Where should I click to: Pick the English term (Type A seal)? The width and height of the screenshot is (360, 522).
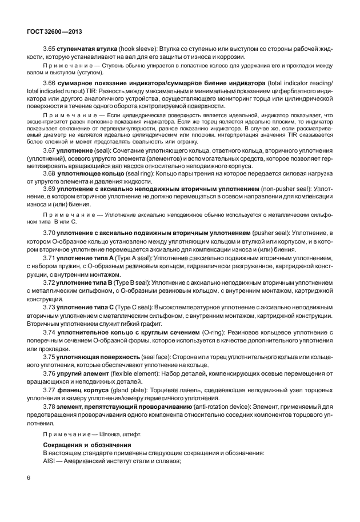(125, 258)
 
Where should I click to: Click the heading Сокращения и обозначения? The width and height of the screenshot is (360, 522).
(87, 444)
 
